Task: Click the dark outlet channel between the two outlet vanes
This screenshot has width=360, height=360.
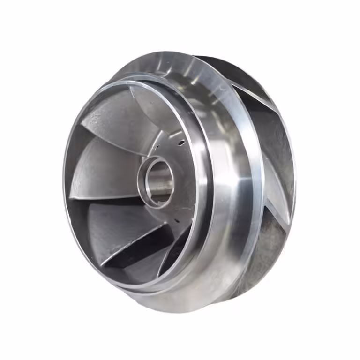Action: point(277,141)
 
